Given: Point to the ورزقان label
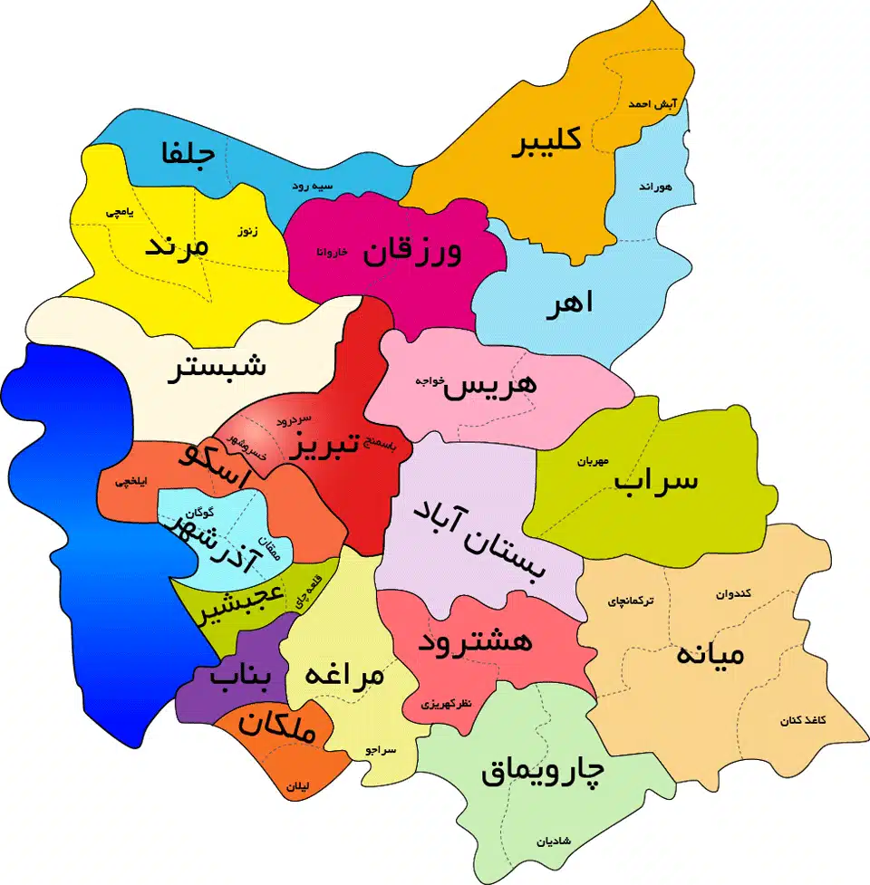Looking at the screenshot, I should coord(412,252).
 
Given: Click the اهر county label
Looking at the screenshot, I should coord(569,304).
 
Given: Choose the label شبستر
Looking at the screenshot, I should coord(217,369).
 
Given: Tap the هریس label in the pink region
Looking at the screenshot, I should coord(490,383).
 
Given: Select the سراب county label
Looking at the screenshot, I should coord(657,480).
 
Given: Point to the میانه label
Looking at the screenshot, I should coord(710,654).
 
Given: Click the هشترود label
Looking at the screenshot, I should coord(475,643).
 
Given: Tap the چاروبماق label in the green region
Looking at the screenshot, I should coord(542,772).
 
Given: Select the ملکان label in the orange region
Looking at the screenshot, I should coord(280,729).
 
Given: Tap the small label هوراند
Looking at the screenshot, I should coord(653,187).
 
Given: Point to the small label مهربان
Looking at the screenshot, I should coord(589,461).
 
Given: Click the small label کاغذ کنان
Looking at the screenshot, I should coord(804,721).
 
